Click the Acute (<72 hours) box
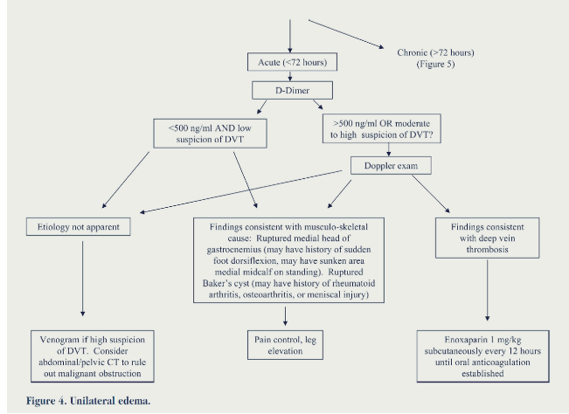[x=292, y=62]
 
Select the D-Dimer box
[x=292, y=90]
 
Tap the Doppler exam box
[x=391, y=166]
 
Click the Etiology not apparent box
[x=78, y=227]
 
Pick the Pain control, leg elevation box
[x=285, y=345]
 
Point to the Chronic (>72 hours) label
[x=435, y=52]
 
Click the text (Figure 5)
[x=435, y=64]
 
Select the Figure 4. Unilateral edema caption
[x=88, y=401]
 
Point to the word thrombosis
[x=487, y=250]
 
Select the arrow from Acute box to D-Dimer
[x=290, y=76]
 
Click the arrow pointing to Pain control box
[x=285, y=316]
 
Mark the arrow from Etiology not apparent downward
[x=83, y=279]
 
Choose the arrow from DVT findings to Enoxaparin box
[x=488, y=290]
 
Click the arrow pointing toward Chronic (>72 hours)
[x=346, y=34]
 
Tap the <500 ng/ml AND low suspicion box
[x=210, y=134]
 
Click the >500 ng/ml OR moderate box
[x=382, y=128]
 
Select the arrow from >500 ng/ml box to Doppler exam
[x=389, y=149]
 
